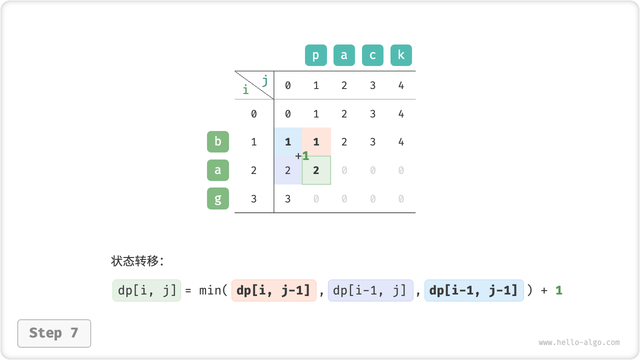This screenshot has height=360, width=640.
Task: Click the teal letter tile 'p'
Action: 315,55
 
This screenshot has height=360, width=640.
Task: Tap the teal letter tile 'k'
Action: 401,55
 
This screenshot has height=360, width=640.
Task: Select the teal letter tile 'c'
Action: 372,55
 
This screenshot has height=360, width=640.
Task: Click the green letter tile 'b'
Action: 218,141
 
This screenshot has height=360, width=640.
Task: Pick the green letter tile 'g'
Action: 218,198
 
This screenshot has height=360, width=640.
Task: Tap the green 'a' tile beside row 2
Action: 218,170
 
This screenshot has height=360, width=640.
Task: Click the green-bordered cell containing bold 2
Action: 316,170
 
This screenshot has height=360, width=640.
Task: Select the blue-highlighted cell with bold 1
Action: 288,141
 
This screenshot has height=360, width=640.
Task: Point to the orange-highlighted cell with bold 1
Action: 316,141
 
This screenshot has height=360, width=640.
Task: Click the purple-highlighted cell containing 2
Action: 288,170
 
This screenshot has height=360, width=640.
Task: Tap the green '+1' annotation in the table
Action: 302,156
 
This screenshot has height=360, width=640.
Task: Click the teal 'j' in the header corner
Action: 265,80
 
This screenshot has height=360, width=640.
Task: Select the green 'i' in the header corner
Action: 245,89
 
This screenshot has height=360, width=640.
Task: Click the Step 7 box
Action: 54,333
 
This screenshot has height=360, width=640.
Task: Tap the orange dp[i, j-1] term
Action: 273,290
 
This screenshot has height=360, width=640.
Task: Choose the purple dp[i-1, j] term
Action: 370,290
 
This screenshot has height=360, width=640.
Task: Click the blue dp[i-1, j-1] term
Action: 474,290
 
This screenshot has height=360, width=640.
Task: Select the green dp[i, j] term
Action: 146,290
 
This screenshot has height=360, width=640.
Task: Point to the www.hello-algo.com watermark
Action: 579,342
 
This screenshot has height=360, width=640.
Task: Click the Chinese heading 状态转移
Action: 135,261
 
